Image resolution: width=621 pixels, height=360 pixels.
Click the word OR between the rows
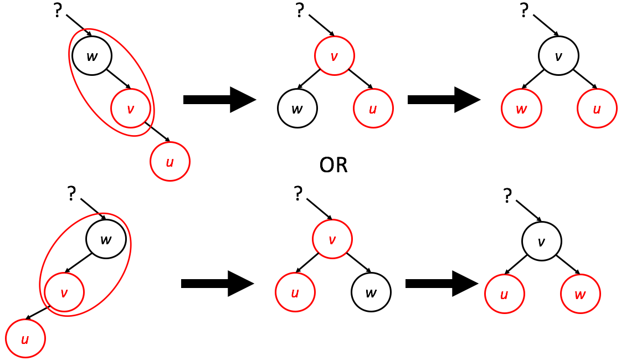(x=333, y=166)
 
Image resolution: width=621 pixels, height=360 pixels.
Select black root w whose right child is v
(x=92, y=55)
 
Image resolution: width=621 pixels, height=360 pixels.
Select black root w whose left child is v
(x=106, y=239)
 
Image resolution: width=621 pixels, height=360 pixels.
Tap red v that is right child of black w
(x=130, y=109)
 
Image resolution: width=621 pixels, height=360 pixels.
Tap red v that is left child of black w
(x=64, y=292)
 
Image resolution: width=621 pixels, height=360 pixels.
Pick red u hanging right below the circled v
(x=170, y=162)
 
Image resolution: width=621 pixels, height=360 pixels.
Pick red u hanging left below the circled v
(x=25, y=338)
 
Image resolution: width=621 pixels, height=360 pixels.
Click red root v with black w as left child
(x=334, y=55)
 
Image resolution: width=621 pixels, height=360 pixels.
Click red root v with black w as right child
(x=332, y=239)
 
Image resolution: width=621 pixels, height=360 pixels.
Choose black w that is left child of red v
(x=297, y=109)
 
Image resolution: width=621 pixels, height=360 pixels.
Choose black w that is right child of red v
(x=371, y=292)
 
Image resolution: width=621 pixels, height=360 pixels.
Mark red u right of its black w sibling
(x=373, y=109)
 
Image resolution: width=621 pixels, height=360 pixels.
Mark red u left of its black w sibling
(x=295, y=292)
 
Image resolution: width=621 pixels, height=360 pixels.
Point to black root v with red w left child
(x=558, y=55)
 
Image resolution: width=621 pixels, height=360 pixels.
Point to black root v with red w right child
(x=541, y=241)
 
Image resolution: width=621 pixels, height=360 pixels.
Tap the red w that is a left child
(x=521, y=109)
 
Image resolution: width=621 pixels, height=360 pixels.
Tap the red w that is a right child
(x=580, y=294)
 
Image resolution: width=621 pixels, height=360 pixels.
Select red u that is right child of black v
(x=597, y=109)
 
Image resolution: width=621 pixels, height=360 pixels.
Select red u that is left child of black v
(x=504, y=294)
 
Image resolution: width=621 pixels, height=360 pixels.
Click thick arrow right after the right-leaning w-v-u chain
(x=219, y=100)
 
